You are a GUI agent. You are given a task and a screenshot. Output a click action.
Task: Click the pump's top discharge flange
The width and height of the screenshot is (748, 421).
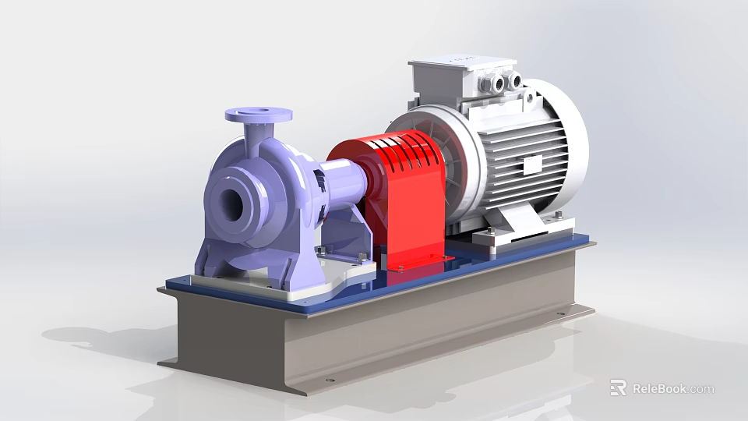258,116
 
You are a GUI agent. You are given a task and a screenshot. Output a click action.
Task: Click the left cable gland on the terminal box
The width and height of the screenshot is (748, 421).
497,81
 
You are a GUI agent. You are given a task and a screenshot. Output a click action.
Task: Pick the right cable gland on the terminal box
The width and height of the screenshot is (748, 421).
515,78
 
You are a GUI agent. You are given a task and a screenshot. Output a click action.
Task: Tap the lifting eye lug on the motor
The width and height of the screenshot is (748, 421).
531,96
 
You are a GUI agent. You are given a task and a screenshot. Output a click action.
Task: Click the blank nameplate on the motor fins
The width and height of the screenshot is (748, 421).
532,165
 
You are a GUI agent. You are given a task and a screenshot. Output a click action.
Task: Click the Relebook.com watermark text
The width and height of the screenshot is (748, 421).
672,388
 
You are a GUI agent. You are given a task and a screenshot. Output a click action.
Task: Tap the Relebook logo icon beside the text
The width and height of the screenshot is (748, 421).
618,387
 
